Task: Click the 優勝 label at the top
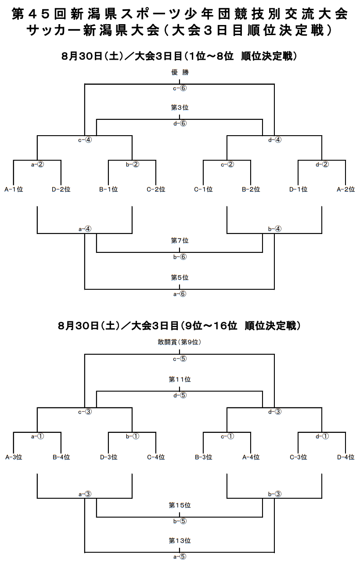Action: pos(180,72)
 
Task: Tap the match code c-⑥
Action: pos(180,88)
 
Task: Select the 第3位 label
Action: pos(180,108)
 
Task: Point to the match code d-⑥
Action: pos(180,123)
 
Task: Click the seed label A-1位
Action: pos(14,189)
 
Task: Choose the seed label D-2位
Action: pos(61,189)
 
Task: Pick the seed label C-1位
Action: pos(203,189)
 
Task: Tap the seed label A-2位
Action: pos(346,189)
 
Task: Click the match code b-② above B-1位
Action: pos(133,165)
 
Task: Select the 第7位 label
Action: pos(180,241)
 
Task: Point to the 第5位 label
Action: pos(180,277)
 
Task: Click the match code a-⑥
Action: pos(180,294)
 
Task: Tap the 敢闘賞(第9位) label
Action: pos(180,342)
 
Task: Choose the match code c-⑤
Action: pos(180,359)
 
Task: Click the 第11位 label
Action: pos(180,379)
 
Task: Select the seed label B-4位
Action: pos(61,457)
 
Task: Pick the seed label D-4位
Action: pos(346,457)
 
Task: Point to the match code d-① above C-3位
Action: pos(322,436)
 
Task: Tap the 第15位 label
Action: pos(180,505)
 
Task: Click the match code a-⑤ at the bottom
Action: pos(180,556)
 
